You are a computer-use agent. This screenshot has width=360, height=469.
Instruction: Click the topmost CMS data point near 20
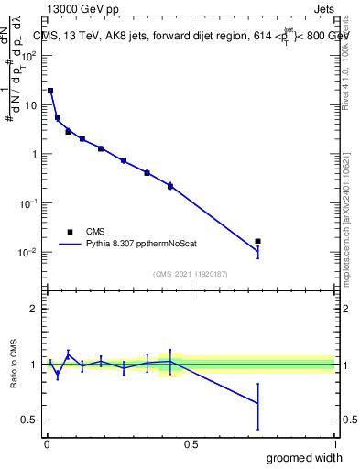(x=50, y=91)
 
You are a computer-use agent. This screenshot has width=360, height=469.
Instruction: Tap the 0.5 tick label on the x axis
(x=190, y=444)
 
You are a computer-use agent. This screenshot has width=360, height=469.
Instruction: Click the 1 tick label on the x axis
(x=334, y=444)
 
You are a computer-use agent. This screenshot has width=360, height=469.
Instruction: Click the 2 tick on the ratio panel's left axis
(x=33, y=309)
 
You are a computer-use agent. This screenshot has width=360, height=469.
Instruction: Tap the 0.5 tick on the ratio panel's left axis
(x=29, y=420)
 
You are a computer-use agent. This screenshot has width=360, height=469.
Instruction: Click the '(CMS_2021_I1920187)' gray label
(x=190, y=273)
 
